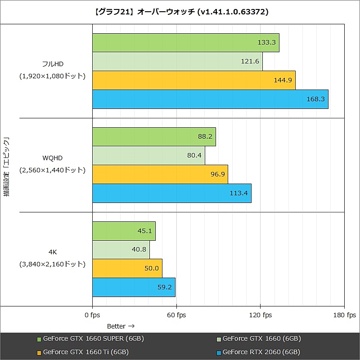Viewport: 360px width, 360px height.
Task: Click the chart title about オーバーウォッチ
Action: [180, 12]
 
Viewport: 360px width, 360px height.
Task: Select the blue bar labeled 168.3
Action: [210, 99]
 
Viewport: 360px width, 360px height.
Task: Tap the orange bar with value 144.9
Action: [193, 80]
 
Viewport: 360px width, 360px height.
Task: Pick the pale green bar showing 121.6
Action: [177, 61]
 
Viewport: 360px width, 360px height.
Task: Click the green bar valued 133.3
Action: [185, 43]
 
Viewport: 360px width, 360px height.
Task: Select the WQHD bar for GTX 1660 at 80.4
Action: [148, 155]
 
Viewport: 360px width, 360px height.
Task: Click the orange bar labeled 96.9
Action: [160, 174]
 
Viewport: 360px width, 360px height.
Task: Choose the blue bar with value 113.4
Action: [171, 193]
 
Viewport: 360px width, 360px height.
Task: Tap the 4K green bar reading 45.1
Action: [124, 231]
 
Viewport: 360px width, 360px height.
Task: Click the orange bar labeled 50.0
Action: [127, 268]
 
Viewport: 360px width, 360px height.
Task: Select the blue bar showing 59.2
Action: [134, 287]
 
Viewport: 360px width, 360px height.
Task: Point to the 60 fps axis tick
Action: [176, 315]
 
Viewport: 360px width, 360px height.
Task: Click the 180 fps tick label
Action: [345, 315]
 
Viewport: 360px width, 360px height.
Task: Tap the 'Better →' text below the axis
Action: [121, 326]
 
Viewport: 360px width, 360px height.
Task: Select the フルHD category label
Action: [53, 64]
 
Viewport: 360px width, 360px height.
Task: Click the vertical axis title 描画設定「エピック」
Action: [7, 167]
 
